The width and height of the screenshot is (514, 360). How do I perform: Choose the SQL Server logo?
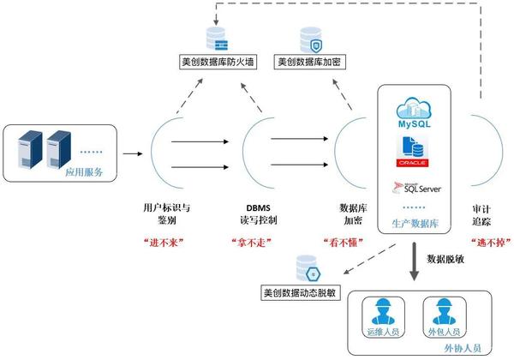click(x=417, y=189)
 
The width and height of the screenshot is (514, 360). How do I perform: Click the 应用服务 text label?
click(x=84, y=172)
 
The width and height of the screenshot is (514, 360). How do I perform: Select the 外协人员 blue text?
click(x=461, y=347)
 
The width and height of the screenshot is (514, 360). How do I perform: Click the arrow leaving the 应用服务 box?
click(x=133, y=155)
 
